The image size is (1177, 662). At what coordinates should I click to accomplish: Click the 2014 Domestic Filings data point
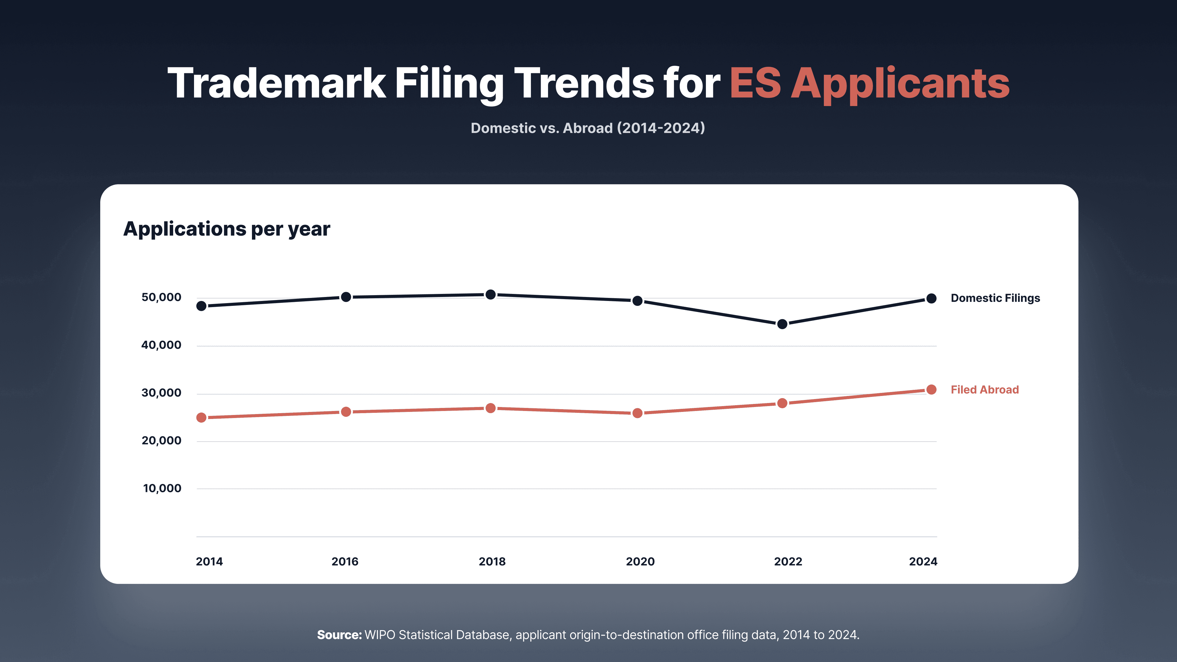[x=201, y=306]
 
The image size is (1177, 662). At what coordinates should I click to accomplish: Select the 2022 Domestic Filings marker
[x=782, y=324]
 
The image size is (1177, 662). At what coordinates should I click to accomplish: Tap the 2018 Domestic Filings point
[x=491, y=295]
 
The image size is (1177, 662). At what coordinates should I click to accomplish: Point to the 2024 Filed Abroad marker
[x=931, y=390]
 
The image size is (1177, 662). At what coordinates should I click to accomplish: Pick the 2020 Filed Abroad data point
[x=638, y=413]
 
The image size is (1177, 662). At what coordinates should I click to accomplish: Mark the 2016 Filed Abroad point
[x=346, y=412]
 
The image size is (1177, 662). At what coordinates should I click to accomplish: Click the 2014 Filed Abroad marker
[x=201, y=417]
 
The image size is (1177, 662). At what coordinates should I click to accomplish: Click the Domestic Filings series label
[x=995, y=298]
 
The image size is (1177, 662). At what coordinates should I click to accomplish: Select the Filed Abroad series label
[x=985, y=390]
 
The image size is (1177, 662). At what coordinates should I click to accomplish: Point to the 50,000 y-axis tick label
[x=161, y=297]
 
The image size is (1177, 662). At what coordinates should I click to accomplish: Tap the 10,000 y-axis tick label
[x=162, y=489]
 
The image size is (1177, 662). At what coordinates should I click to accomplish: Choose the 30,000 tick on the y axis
[x=161, y=393]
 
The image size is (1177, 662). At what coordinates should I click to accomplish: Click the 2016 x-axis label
[x=345, y=561]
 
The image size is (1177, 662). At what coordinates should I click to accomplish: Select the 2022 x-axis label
[x=788, y=561]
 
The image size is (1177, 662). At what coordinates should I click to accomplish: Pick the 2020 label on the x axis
[x=640, y=561]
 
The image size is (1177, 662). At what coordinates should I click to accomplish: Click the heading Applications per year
[x=227, y=229]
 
